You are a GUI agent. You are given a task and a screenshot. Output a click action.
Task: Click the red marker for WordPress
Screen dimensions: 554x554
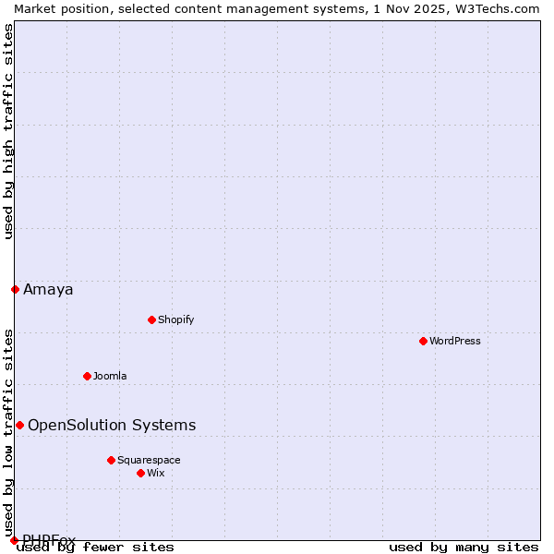pyautogui.click(x=423, y=341)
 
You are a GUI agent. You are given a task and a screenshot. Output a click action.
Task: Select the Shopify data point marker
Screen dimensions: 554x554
pyautogui.click(x=151, y=319)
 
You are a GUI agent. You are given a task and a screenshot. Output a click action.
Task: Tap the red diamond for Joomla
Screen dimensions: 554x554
pyautogui.click(x=87, y=376)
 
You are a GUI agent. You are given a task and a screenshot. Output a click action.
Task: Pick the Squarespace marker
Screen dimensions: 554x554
pyautogui.click(x=111, y=460)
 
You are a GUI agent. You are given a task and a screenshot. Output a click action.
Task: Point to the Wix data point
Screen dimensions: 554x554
pyautogui.click(x=140, y=473)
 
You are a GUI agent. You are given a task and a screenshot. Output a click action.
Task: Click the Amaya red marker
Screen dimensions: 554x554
pyautogui.click(x=15, y=289)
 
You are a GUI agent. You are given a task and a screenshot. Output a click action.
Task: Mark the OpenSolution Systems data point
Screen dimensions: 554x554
pyautogui.click(x=19, y=425)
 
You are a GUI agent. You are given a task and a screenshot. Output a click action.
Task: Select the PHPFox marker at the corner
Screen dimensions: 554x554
pyautogui.click(x=14, y=540)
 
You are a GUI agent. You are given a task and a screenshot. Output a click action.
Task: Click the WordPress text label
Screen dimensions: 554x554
pyautogui.click(x=455, y=341)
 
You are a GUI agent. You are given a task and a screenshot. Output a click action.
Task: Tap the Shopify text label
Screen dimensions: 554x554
pyautogui.click(x=175, y=319)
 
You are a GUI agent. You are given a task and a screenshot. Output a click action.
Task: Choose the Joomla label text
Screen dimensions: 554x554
pyautogui.click(x=110, y=376)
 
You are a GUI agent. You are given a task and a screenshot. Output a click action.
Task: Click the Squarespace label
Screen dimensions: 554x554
pyautogui.click(x=149, y=460)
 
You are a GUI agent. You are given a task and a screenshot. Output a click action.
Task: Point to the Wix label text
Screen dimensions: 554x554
pyautogui.click(x=155, y=473)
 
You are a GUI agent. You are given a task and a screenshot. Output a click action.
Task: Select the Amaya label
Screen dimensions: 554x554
pyautogui.click(x=48, y=289)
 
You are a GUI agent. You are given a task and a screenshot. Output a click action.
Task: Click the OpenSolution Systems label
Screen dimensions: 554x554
pyautogui.click(x=112, y=425)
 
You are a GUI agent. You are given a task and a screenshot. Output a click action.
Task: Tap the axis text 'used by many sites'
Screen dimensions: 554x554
pyautogui.click(x=464, y=547)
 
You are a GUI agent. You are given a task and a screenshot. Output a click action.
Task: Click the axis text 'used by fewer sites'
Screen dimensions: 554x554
pyautogui.click(x=96, y=547)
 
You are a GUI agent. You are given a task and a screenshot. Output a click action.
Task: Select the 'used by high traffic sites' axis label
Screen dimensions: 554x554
pyautogui.click(x=8, y=131)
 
